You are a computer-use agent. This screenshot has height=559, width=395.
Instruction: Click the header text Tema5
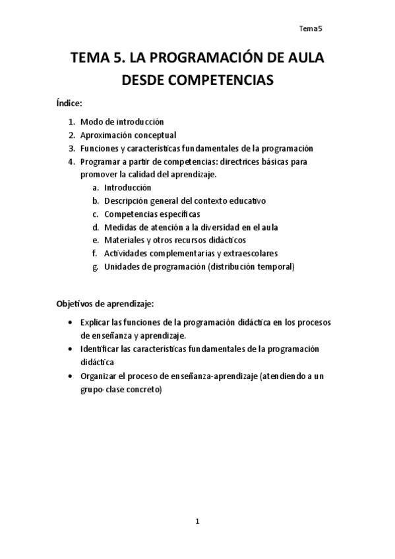[x=310, y=28]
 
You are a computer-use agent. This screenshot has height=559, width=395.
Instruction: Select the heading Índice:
[x=69, y=103]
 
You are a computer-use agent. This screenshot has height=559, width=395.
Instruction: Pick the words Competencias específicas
[x=152, y=214]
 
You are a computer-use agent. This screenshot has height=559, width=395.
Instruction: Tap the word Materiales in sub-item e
[x=128, y=241]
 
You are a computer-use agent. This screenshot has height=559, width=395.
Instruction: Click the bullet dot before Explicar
[x=71, y=322]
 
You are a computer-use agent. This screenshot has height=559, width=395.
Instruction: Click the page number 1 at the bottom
[x=197, y=522]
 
